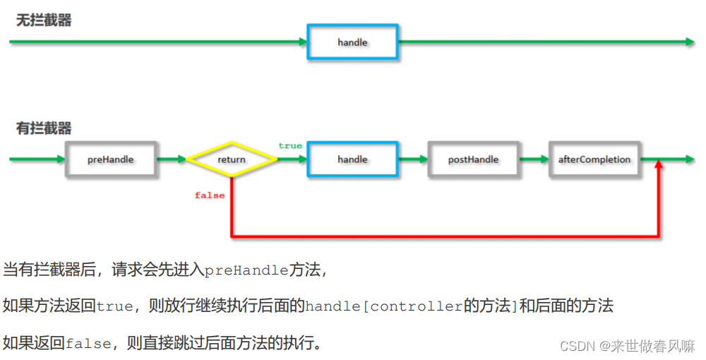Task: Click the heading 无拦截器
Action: click(x=44, y=20)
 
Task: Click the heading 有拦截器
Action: click(x=44, y=128)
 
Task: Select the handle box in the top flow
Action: click(x=352, y=42)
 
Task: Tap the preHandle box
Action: click(x=111, y=160)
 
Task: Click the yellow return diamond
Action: click(x=232, y=160)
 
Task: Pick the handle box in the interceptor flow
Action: click(x=352, y=160)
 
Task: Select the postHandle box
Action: click(x=473, y=160)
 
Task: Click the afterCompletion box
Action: click(x=594, y=160)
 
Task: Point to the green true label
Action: click(x=289, y=145)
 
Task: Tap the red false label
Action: click(x=210, y=195)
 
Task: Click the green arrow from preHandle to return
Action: click(x=172, y=160)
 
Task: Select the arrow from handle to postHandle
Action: click(x=413, y=160)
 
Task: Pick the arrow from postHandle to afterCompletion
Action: click(x=534, y=160)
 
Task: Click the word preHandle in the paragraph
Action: click(x=246, y=270)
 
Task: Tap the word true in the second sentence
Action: click(x=114, y=306)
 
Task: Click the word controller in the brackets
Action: click(x=417, y=306)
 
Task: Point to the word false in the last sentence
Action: click(x=88, y=344)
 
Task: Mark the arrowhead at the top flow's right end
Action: click(x=690, y=42)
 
